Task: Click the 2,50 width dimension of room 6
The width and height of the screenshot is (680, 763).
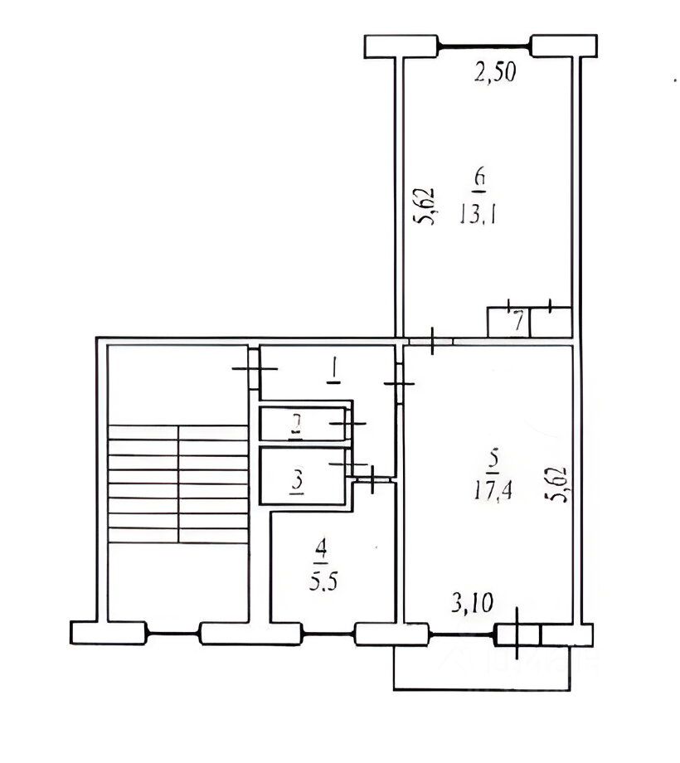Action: pyautogui.click(x=495, y=72)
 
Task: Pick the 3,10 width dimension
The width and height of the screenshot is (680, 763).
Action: pyautogui.click(x=472, y=604)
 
